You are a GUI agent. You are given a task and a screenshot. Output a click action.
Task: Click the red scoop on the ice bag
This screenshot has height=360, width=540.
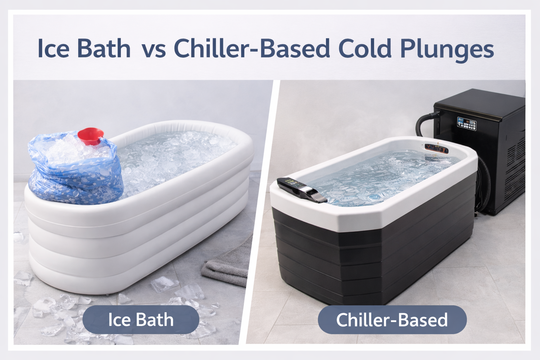pos(91,136)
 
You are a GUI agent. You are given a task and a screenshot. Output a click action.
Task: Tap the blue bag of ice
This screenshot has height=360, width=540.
pos(75,169)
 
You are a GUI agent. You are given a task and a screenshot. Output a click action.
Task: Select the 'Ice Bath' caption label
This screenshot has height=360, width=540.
pos(141,320)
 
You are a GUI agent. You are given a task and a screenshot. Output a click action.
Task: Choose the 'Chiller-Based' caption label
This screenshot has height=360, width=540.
pos(392,320)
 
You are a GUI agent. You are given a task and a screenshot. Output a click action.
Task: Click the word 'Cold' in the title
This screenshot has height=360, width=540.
pos(365,49)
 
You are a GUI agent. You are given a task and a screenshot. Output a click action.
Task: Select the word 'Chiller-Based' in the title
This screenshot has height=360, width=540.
pos(252,48)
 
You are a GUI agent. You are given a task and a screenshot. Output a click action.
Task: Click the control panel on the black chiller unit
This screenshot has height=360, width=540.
pos(467,124)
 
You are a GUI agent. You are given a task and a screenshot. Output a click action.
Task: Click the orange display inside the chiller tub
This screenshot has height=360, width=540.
pos(437,148)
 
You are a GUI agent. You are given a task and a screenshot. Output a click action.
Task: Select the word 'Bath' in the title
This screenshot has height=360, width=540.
pos(104,49)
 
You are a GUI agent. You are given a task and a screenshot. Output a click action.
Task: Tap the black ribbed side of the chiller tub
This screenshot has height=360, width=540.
pos(371,261)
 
